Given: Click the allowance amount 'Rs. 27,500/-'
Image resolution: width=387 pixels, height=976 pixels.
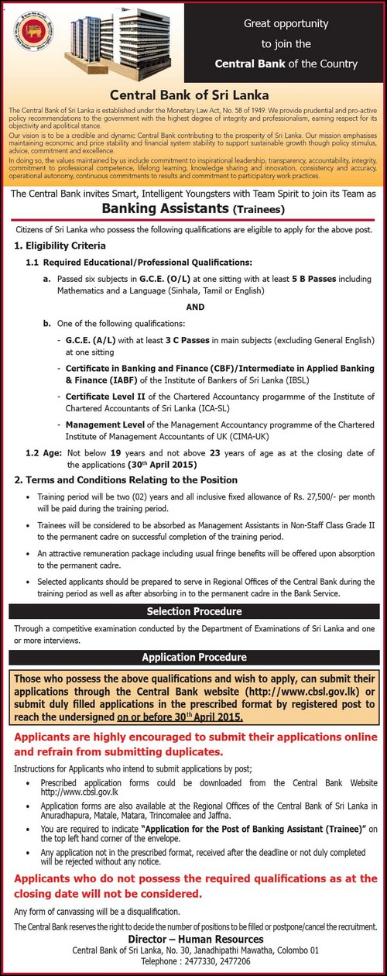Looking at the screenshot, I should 319,492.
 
